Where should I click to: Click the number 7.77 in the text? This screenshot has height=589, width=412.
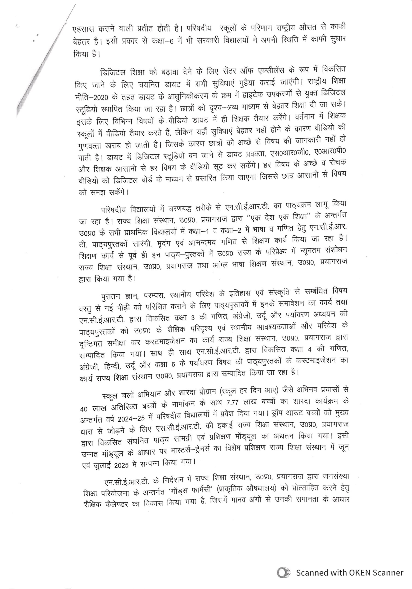[x=233, y=402]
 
